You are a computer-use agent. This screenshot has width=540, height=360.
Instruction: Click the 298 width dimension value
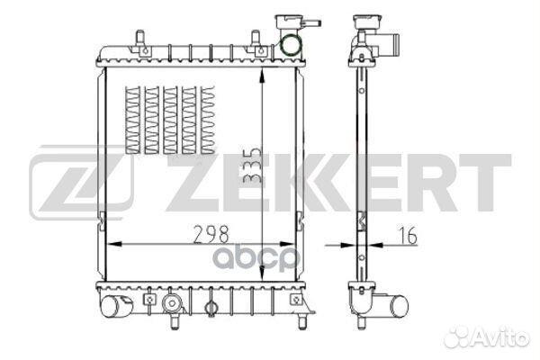tap(211, 234)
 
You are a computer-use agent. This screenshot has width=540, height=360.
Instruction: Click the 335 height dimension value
tap(253, 166)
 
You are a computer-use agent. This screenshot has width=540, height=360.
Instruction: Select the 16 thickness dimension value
tap(408, 235)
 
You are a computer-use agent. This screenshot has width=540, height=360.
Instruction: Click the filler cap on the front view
tap(289, 22)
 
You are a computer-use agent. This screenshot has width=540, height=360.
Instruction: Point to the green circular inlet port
tap(290, 45)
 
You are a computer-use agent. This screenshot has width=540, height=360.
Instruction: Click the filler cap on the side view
tap(367, 22)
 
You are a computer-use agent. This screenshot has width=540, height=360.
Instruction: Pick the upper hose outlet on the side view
tap(389, 45)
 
